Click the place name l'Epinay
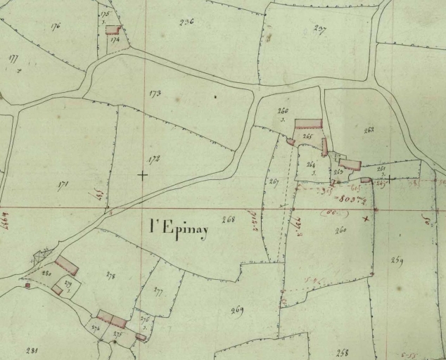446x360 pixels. pyautogui.click(x=179, y=228)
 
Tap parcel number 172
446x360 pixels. pyautogui.click(x=154, y=160)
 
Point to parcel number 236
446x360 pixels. pyautogui.click(x=186, y=22)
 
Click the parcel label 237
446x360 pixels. pyautogui.click(x=320, y=29)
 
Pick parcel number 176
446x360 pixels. pyautogui.click(x=56, y=26)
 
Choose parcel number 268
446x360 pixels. pyautogui.click(x=228, y=219)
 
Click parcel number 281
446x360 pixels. pyautogui.click(x=31, y=349)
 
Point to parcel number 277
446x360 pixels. pyautogui.click(x=158, y=290)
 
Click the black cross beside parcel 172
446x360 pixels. pyautogui.click(x=142, y=174)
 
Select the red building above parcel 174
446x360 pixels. pyautogui.click(x=113, y=30)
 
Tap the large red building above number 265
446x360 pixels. pyautogui.click(x=308, y=124)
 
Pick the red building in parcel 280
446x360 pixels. pyautogui.click(x=67, y=265)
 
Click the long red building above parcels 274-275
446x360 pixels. pyautogui.click(x=112, y=319)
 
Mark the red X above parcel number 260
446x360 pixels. pyautogui.click(x=364, y=219)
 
